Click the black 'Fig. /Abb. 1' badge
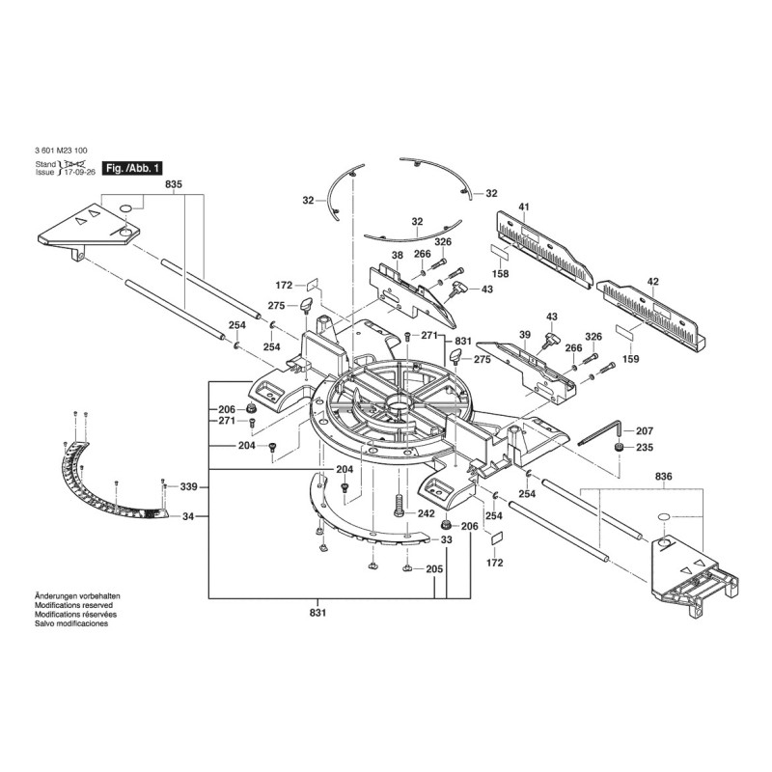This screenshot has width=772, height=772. click(131, 168)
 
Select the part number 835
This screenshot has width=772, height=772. click(174, 184)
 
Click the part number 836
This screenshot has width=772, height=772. click(663, 477)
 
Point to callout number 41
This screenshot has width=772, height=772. click(524, 207)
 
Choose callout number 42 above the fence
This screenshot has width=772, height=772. click(653, 282)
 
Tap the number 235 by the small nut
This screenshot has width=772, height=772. click(645, 447)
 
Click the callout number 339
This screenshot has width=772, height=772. click(188, 487)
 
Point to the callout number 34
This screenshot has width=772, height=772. click(188, 516)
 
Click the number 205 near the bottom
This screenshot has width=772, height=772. click(434, 569)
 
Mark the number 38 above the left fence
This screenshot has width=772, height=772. click(398, 255)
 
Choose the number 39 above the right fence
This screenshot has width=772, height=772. click(525, 335)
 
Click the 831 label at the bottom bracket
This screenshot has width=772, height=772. click(318, 613)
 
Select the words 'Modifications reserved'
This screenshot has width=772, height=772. click(74, 605)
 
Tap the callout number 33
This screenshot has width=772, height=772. click(446, 539)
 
